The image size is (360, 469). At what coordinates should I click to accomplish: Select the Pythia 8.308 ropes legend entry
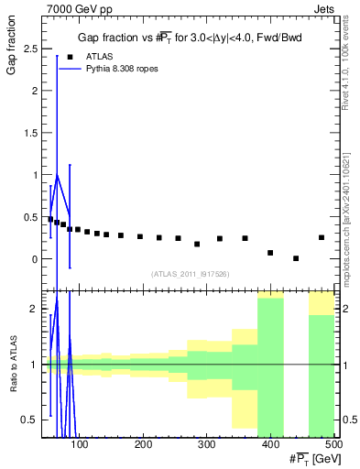pyautogui.click(x=118, y=69)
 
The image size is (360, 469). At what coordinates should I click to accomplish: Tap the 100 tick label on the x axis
pyautogui.click(x=80, y=445)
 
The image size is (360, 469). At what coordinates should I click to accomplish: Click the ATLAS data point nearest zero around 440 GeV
pyautogui.click(x=296, y=258)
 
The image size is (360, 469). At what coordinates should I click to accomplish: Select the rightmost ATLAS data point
pyautogui.click(x=322, y=237)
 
